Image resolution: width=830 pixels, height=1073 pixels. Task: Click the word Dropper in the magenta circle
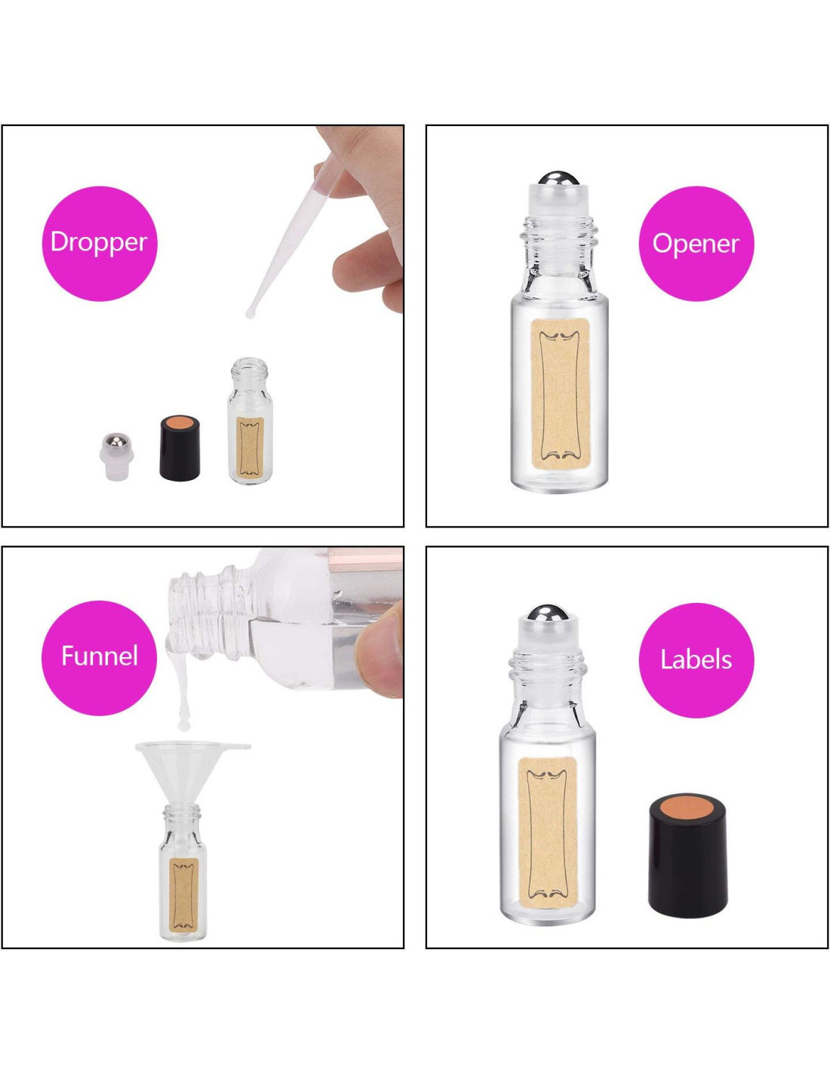tap(99, 242)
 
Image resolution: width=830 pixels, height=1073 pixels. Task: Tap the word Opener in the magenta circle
tap(696, 244)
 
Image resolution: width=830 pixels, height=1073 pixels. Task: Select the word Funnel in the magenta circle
tap(100, 656)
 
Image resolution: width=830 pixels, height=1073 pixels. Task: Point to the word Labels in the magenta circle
tap(696, 659)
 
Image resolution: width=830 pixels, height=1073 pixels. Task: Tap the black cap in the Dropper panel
tap(180, 447)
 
